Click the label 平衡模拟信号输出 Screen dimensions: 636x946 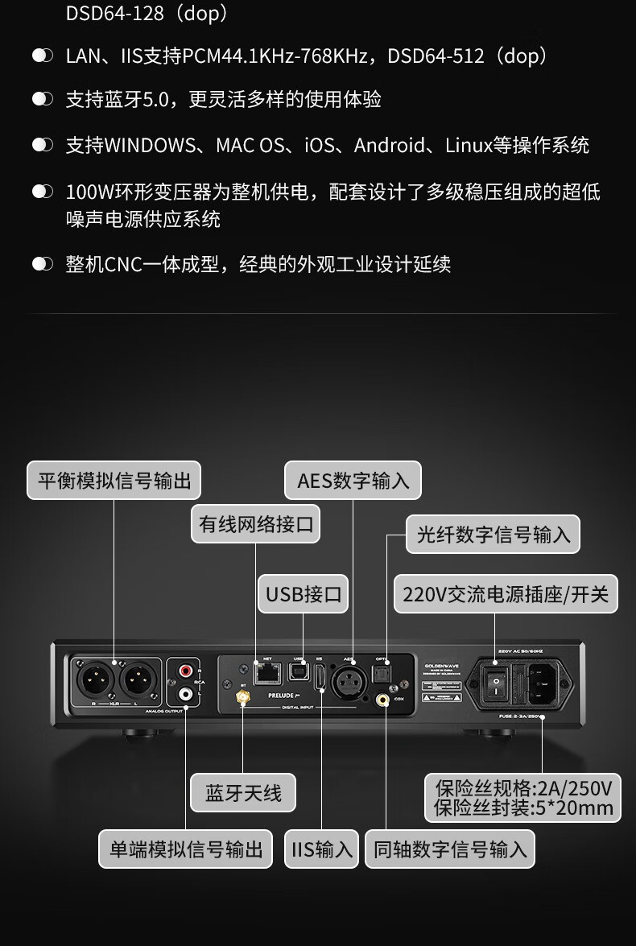click(114, 481)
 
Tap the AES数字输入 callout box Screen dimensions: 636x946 click(353, 481)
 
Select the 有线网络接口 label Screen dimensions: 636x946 click(255, 524)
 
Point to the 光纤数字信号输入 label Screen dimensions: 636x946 click(493, 534)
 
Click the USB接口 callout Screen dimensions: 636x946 click(304, 595)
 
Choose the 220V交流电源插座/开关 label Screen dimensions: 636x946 click(506, 595)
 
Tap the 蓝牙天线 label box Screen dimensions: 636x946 click(243, 794)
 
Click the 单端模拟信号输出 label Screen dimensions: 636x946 click(186, 849)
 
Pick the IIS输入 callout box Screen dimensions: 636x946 click(322, 849)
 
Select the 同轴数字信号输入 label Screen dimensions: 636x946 click(450, 849)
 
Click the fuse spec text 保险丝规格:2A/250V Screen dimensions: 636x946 click(523, 787)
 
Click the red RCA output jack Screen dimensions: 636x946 click(187, 670)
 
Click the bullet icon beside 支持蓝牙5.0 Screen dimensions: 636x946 click(42, 99)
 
